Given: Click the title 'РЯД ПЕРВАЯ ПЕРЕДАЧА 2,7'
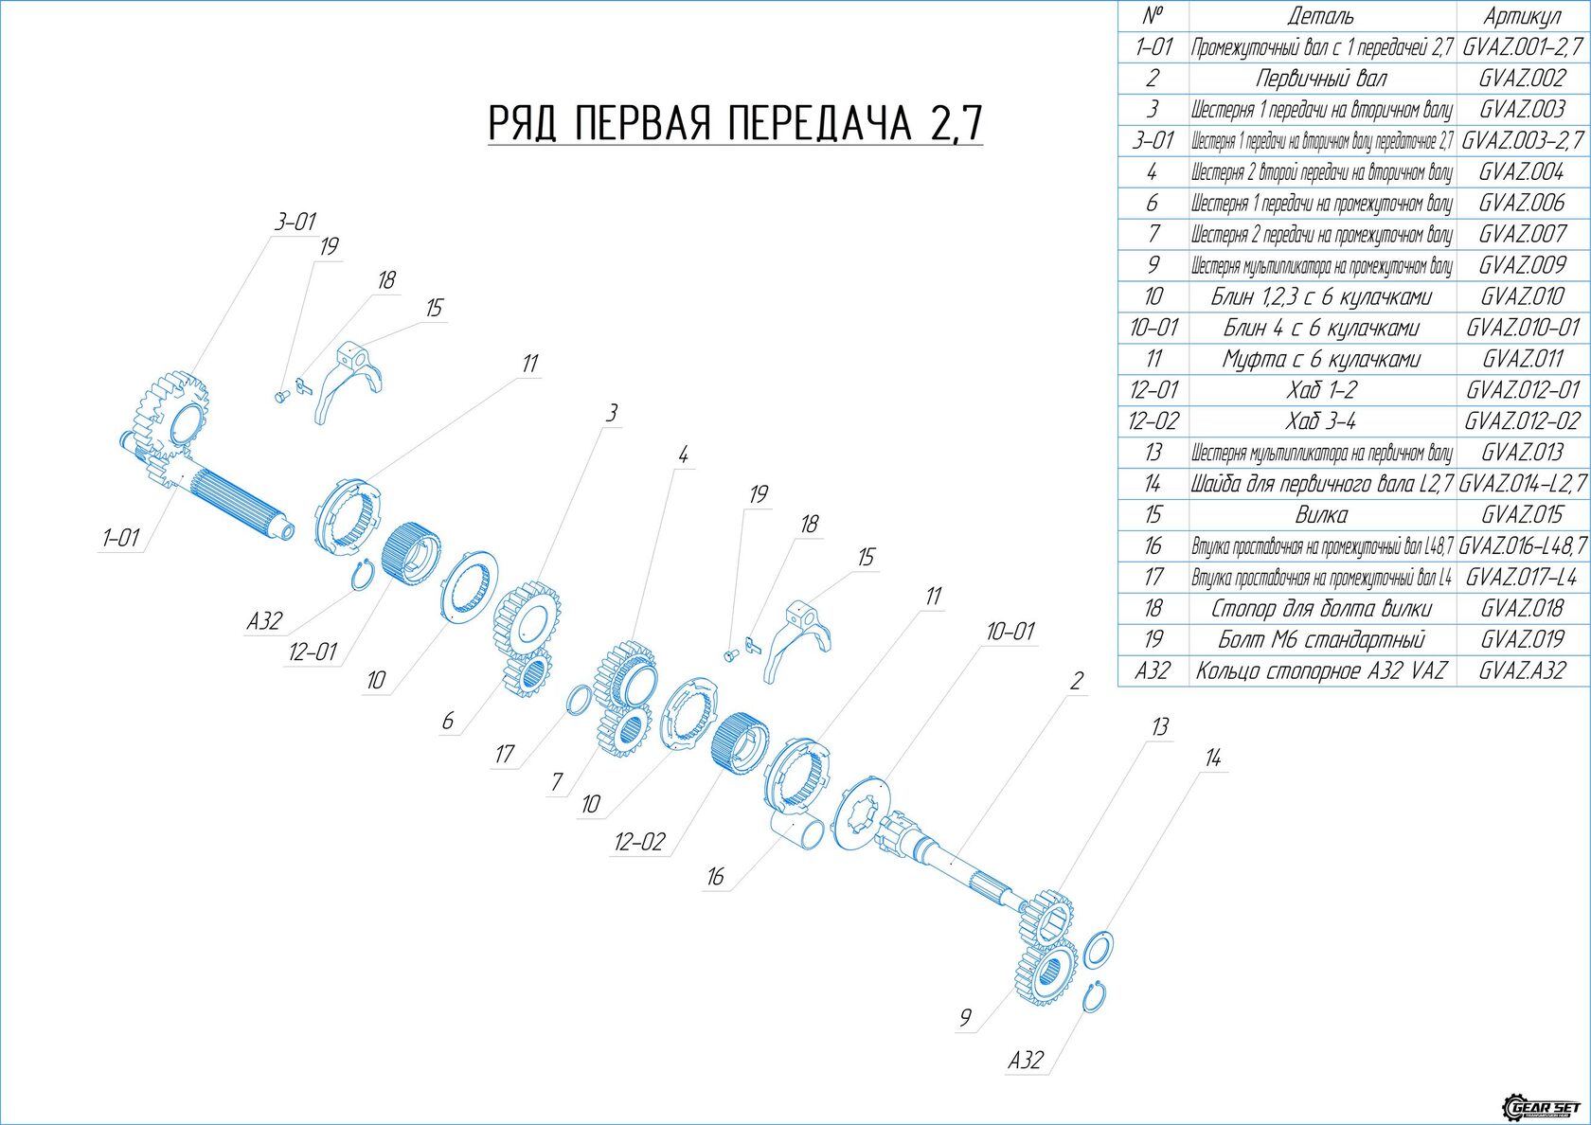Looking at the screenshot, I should click(x=735, y=123).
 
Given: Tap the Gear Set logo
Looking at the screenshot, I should click(x=1542, y=1107).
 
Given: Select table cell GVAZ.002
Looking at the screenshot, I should click(x=1522, y=78).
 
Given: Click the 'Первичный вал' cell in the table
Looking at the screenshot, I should click(x=1321, y=78).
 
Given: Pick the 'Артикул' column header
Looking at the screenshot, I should click(x=1522, y=15).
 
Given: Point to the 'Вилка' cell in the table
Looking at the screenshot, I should click(x=1321, y=514).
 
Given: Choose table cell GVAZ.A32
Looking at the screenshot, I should click(x=1522, y=670).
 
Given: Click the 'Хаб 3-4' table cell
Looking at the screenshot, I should click(x=1321, y=420).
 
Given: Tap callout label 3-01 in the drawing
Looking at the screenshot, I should click(x=295, y=222).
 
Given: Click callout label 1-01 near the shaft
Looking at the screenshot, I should click(x=121, y=538).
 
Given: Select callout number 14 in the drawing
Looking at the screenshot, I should click(x=1213, y=758).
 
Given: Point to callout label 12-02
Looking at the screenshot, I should click(x=639, y=841).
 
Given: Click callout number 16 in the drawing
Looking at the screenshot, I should click(x=715, y=877).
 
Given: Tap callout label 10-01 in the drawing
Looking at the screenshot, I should click(x=1010, y=631).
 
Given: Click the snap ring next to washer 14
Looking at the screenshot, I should click(x=1096, y=997).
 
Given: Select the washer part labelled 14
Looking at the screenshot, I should click(x=1098, y=951).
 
